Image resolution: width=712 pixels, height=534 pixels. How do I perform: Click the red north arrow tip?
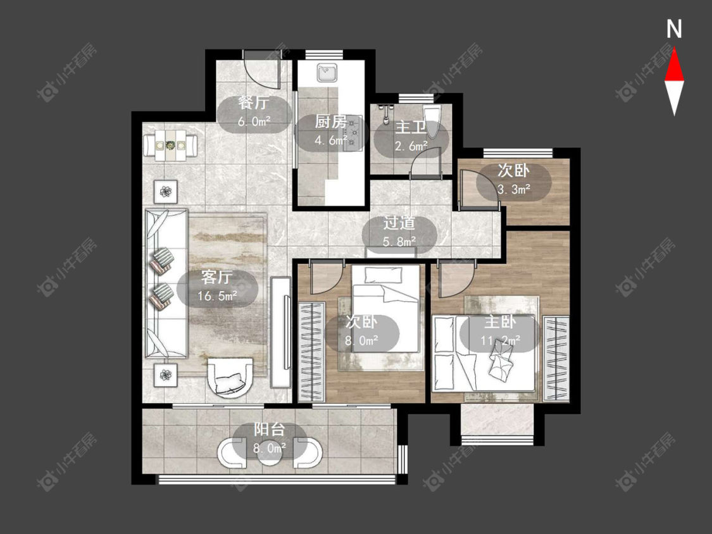[674, 49]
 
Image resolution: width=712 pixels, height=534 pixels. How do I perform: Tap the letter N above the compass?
[674, 29]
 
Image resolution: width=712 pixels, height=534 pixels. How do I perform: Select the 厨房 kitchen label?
[330, 122]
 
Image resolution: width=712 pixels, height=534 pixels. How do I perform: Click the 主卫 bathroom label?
[410, 127]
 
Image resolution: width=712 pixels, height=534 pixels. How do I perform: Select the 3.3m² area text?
[513, 189]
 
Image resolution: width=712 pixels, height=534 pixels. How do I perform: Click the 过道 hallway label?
[399, 223]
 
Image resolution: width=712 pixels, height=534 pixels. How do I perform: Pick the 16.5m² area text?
[218, 296]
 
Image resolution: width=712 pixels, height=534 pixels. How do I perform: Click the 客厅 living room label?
[217, 277]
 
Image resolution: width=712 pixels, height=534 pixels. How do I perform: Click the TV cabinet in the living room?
[280, 332]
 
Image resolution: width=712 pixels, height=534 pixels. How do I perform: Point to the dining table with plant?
[170, 146]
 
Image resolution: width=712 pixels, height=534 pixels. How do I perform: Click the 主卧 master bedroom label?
[500, 322]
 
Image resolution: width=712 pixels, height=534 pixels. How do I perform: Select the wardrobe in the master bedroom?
[556, 359]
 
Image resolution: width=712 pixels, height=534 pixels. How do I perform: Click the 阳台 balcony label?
[269, 429]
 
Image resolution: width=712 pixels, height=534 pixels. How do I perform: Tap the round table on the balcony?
[270, 453]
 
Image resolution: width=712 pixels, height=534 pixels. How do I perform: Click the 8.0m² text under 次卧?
[361, 340]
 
